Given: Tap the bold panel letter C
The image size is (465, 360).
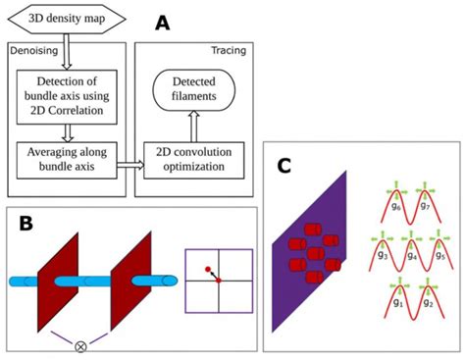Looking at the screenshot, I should (285, 164).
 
